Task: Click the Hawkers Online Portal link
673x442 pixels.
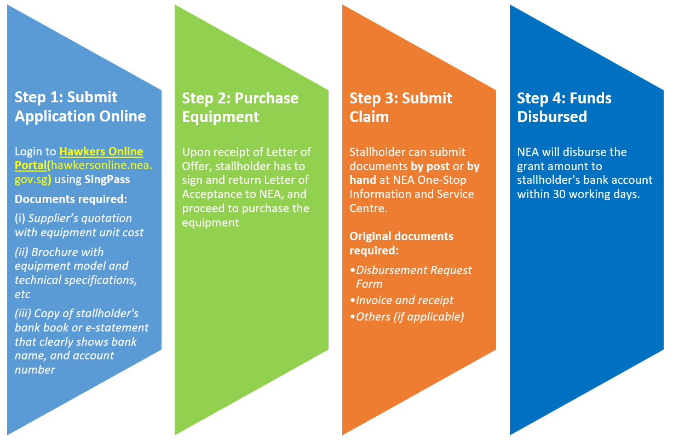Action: coord(79,158)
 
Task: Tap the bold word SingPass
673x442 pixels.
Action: coord(107,179)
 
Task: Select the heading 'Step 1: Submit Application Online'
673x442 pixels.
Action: coord(80,107)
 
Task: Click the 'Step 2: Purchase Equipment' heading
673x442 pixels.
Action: coord(240,107)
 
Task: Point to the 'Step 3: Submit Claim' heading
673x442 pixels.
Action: coord(400,107)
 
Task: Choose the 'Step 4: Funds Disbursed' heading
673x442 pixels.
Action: coord(564,107)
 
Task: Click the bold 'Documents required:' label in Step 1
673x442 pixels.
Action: coord(71,199)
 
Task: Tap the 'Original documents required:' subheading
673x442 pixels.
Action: coord(401,243)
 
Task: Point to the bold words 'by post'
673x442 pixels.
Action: coord(430,166)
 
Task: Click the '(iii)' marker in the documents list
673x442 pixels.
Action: coord(23,313)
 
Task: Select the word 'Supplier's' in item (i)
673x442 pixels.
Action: coord(51,218)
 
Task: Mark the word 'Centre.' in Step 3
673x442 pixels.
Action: coord(369,208)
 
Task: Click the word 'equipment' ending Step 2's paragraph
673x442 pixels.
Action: coord(210,223)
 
